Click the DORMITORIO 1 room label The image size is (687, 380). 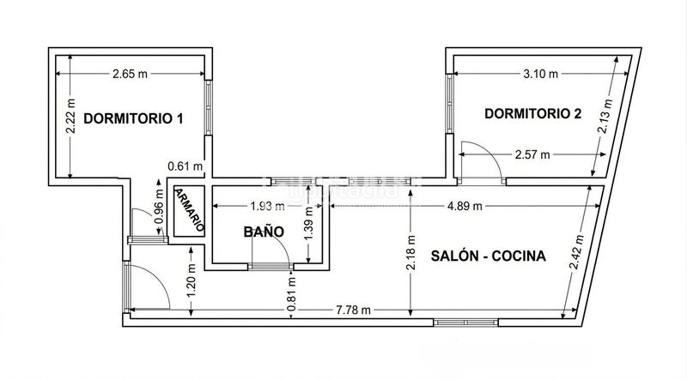(x=133, y=118)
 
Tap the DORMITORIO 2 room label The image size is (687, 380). (x=532, y=114)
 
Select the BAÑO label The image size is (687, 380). (x=264, y=232)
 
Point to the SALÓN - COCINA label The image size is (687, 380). (x=488, y=256)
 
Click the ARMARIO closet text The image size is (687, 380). (x=190, y=210)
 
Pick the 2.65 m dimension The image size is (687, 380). (x=131, y=74)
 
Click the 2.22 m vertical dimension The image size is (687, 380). (x=70, y=116)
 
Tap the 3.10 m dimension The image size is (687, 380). (x=541, y=74)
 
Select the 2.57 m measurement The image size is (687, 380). (x=532, y=154)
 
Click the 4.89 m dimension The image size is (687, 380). (x=465, y=206)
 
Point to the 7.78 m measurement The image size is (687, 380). (x=353, y=311)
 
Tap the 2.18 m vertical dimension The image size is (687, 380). (x=410, y=254)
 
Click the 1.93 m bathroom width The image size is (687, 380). (x=267, y=206)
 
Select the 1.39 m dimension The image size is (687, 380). (x=309, y=224)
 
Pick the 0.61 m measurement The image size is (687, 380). (x=185, y=166)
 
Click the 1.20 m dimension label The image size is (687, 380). (x=192, y=280)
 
